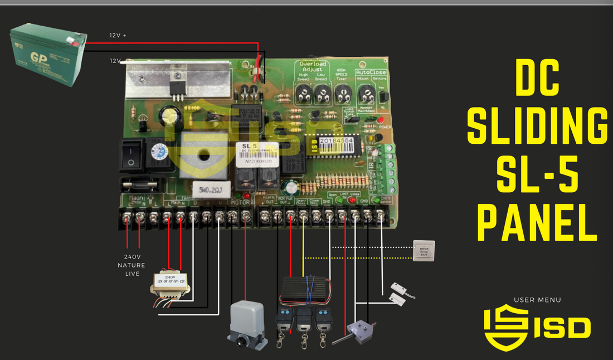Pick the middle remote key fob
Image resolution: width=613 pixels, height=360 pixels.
(x=304, y=323)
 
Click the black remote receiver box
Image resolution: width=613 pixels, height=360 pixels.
(x=304, y=289)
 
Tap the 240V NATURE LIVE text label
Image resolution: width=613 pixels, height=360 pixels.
(x=131, y=265)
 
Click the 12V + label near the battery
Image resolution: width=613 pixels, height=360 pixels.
(x=118, y=35)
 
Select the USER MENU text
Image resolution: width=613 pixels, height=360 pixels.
(x=537, y=300)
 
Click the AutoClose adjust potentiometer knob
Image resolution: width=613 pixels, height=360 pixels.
(x=364, y=95)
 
